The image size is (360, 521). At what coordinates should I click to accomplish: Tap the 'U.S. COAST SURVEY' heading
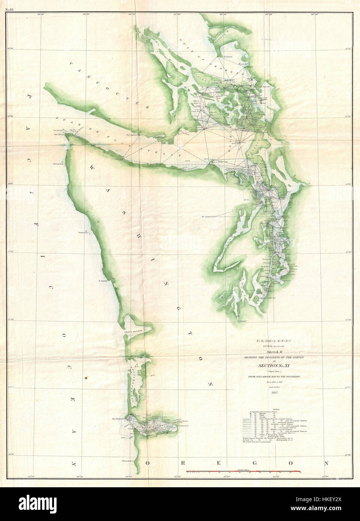(273, 341)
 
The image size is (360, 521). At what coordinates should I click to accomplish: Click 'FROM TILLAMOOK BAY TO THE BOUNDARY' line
(273, 376)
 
